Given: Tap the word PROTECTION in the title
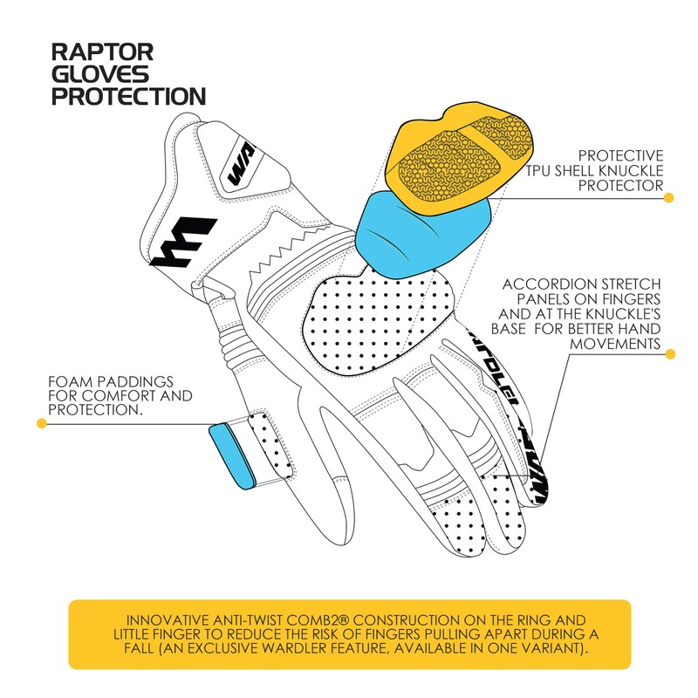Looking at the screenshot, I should tap(128, 96).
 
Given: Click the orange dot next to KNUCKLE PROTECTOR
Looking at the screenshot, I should tap(669, 198).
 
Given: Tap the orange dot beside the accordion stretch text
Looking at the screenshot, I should tap(669, 354).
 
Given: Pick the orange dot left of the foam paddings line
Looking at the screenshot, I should tap(41, 424).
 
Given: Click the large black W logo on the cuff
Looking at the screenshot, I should tap(183, 242).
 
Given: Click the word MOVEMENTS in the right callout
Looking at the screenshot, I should tap(616, 344).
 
